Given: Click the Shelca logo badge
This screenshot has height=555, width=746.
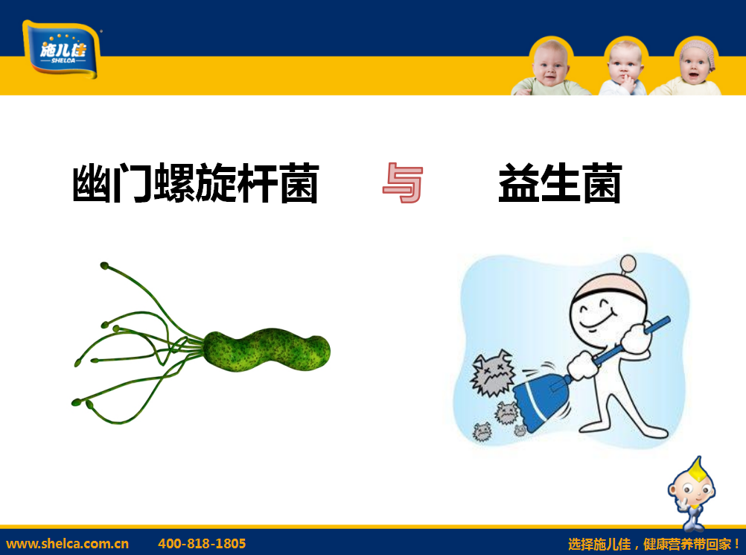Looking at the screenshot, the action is [x=61, y=49].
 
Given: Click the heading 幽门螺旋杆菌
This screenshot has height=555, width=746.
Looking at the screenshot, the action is [x=196, y=183].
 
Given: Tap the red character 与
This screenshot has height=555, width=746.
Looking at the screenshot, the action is [x=403, y=183].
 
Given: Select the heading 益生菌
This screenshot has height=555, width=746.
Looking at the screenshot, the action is [x=560, y=183].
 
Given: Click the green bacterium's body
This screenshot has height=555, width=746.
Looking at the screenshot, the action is [x=267, y=350].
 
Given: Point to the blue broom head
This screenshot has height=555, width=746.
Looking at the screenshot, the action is [x=541, y=400].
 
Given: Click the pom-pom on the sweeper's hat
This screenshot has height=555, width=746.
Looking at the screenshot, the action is [x=628, y=263].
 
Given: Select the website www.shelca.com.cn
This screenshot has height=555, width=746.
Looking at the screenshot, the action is [x=67, y=544].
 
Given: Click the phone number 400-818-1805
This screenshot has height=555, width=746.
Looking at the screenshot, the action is [x=202, y=544].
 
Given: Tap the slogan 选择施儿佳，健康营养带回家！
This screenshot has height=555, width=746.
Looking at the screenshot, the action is [x=654, y=544].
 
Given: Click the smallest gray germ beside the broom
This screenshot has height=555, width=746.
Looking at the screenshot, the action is [x=520, y=431].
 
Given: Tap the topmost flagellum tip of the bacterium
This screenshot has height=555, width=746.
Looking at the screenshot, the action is [x=104, y=266].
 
